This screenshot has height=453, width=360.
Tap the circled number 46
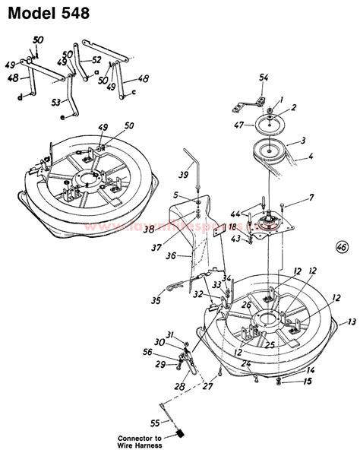coord(342,247)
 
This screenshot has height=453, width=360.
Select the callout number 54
coord(264,78)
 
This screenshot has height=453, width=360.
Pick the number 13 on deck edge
coord(351,322)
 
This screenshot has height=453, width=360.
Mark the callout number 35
coord(156,301)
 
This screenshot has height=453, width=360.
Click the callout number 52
coord(96,59)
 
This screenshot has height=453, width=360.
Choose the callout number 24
coord(246,363)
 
